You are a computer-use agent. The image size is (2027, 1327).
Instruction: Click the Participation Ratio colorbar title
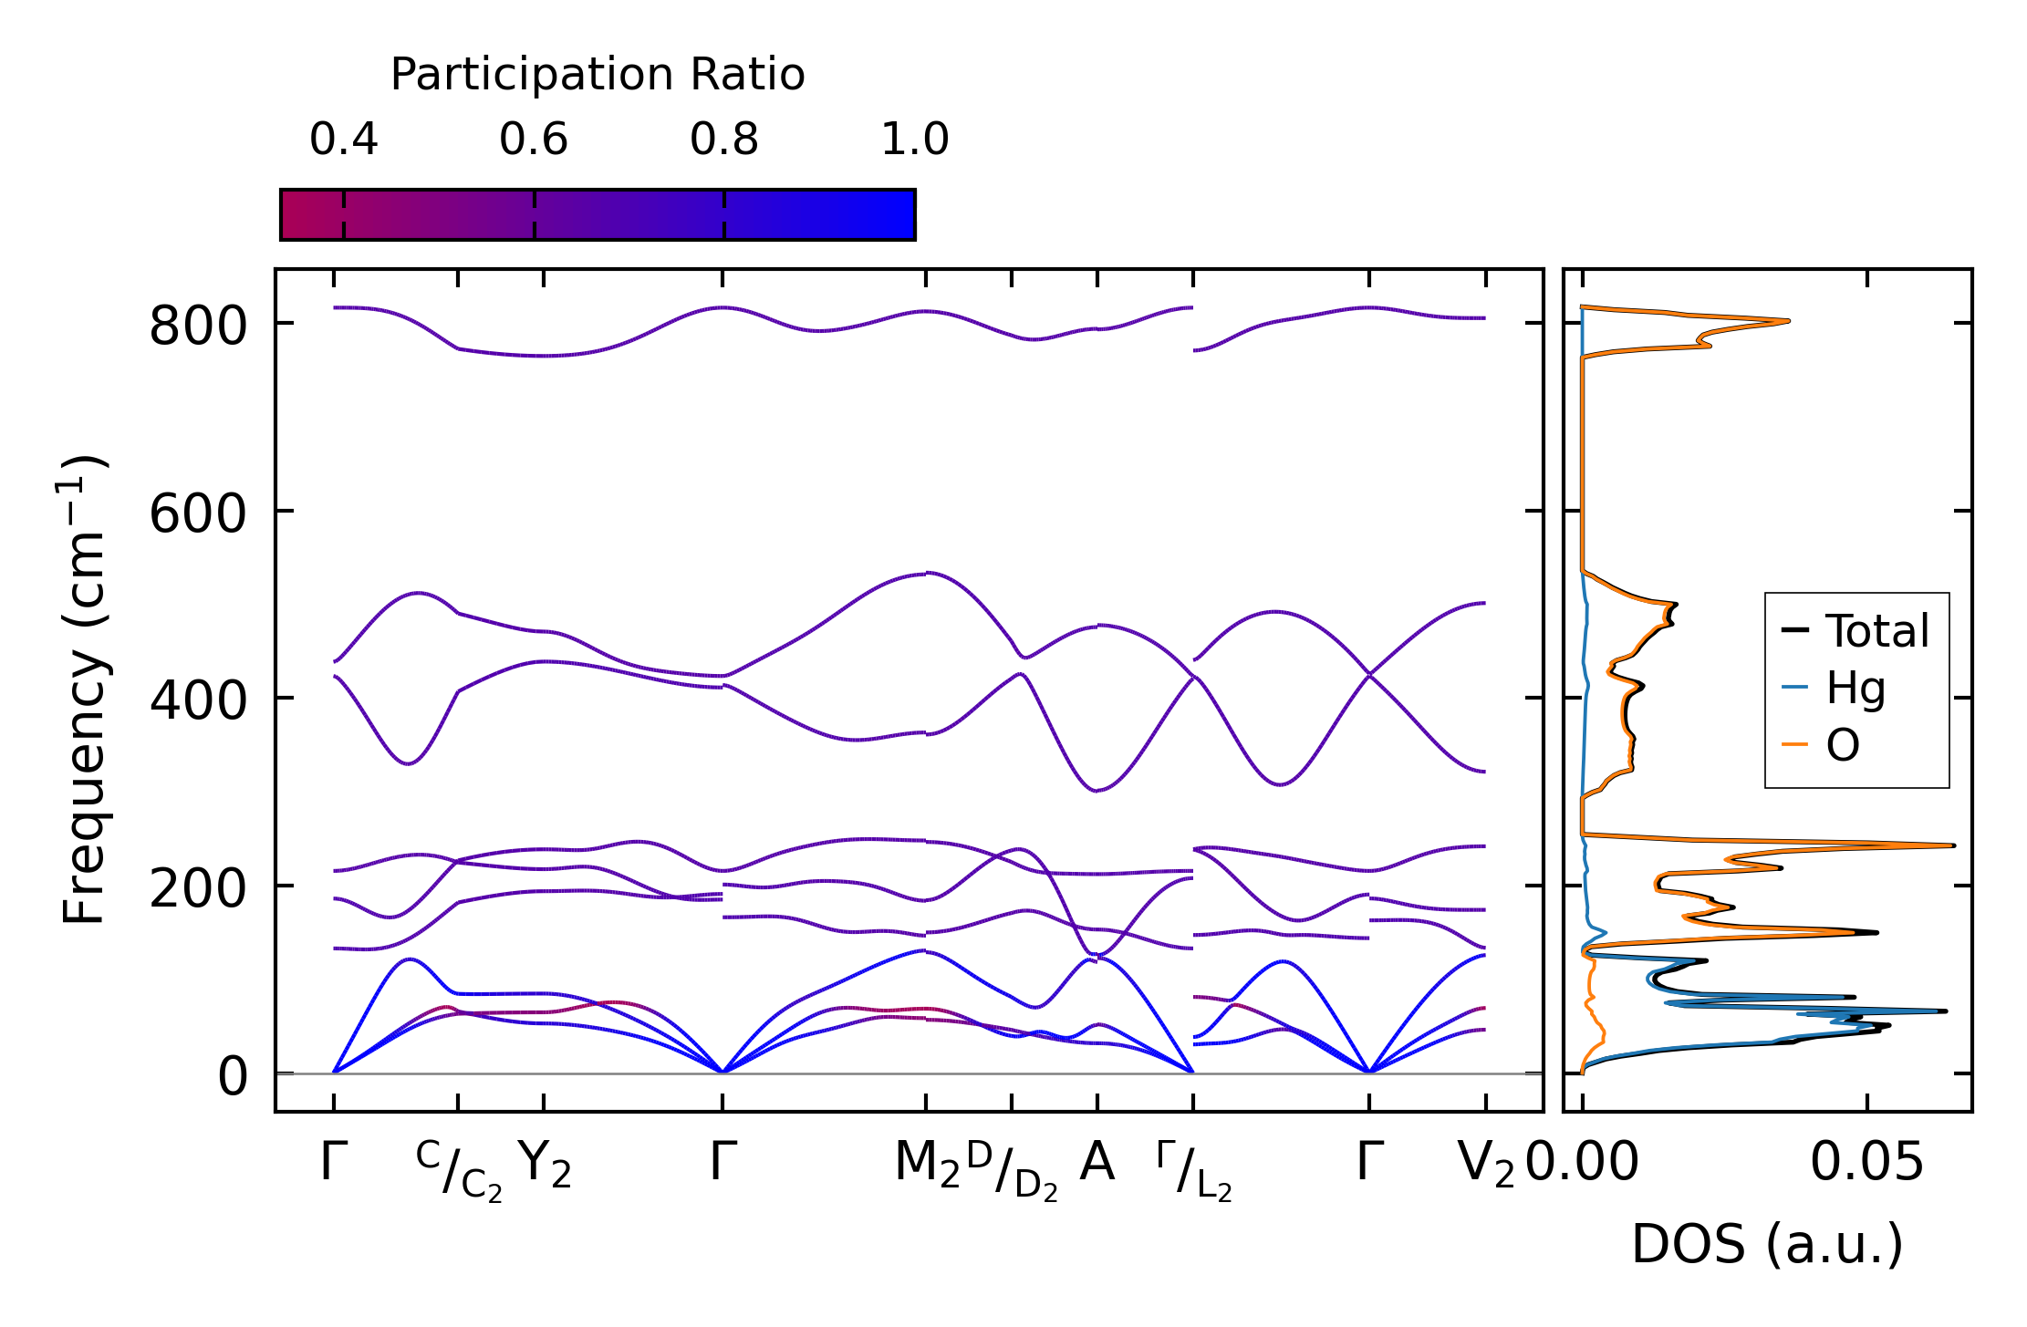click(x=598, y=75)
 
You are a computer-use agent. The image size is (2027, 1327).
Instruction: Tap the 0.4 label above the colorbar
click(x=343, y=140)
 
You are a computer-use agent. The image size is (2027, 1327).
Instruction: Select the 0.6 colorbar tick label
click(x=534, y=140)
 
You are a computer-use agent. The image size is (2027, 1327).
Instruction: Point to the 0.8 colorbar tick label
click(x=724, y=140)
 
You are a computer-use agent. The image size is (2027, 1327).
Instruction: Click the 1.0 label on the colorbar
click(x=914, y=140)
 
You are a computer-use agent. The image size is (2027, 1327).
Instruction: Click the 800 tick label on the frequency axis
click(x=198, y=326)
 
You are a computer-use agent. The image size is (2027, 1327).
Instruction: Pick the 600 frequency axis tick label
click(x=198, y=513)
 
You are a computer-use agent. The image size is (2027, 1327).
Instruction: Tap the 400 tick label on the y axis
click(x=198, y=701)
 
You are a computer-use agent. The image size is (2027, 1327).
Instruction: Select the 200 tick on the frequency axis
click(x=198, y=888)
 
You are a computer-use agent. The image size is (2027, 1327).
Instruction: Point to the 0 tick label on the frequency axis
click(x=233, y=1076)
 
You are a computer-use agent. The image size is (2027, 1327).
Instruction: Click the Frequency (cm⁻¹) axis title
click(x=85, y=690)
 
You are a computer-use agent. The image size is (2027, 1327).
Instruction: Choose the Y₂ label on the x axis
click(x=545, y=1165)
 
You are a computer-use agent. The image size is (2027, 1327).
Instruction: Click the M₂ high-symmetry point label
click(x=927, y=1165)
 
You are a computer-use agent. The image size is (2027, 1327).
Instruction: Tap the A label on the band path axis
click(x=1097, y=1163)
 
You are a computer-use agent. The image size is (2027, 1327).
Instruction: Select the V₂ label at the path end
click(x=1486, y=1165)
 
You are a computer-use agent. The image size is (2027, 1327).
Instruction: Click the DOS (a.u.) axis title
click(x=1767, y=1244)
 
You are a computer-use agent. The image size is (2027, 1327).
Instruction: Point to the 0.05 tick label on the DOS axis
click(x=1866, y=1163)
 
